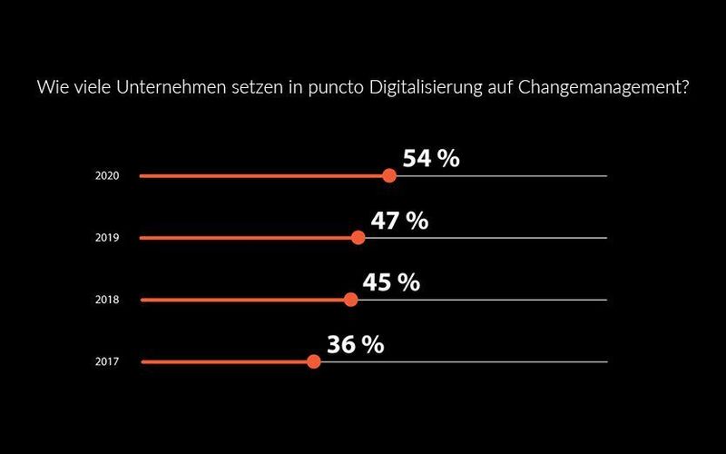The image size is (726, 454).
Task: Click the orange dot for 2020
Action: (389, 175)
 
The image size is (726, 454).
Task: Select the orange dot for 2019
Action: (358, 238)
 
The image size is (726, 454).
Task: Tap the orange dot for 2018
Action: (351, 300)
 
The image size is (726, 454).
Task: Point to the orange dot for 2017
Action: (313, 361)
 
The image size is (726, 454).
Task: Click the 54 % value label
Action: (431, 159)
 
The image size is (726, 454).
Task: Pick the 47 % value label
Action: (399, 221)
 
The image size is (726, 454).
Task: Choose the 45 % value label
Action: (391, 282)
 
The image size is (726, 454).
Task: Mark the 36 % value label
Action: (355, 344)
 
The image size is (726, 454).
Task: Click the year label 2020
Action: (106, 176)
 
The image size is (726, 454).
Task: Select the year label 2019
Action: (106, 238)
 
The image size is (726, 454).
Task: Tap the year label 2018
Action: (106, 300)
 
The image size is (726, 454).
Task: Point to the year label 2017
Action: (106, 361)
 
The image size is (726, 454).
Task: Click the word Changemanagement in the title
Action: (604, 88)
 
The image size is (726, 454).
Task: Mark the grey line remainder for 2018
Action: (481, 300)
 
